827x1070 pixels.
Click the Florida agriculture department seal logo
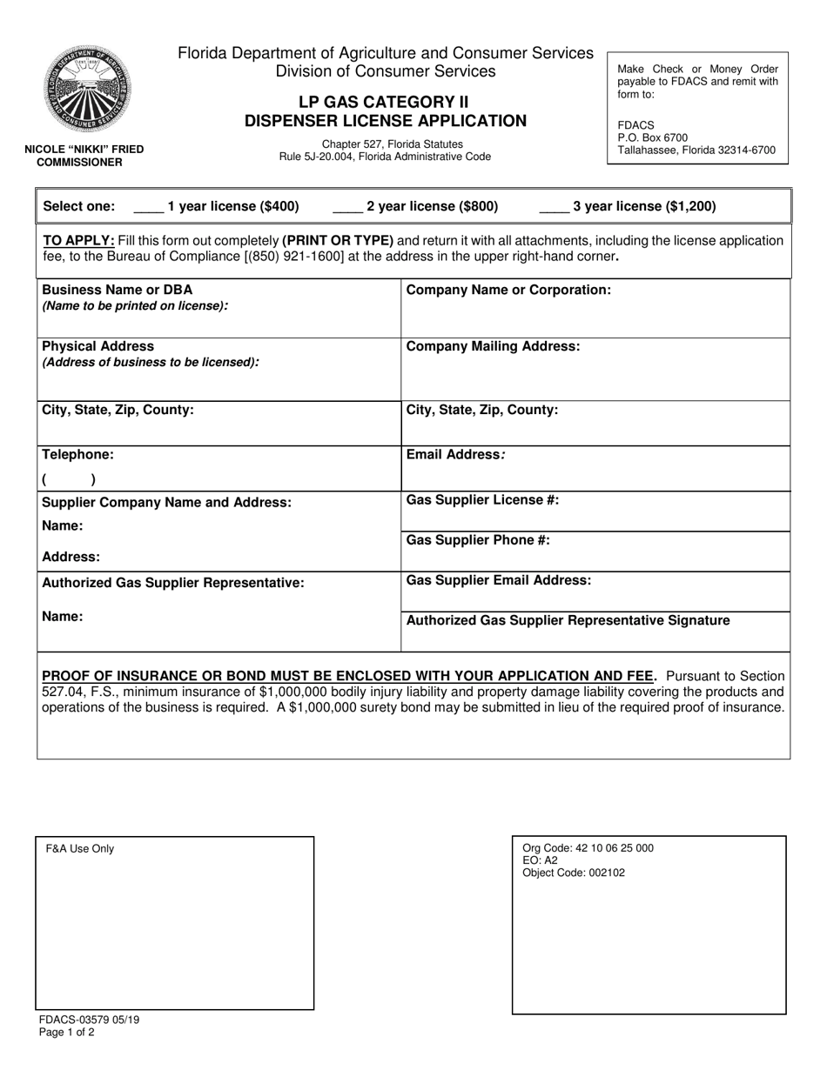point(87,90)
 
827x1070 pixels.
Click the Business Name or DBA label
point(118,290)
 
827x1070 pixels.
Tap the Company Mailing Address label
point(493,346)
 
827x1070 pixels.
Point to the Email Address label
point(455,454)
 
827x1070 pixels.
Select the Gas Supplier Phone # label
point(478,540)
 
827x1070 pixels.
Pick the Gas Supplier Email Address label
point(499,580)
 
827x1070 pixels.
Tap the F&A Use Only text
point(80,849)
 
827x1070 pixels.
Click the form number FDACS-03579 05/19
point(89,1020)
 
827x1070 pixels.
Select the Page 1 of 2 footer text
point(67,1033)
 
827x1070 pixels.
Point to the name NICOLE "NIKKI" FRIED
point(84,150)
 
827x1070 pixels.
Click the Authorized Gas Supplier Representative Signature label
point(568,620)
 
